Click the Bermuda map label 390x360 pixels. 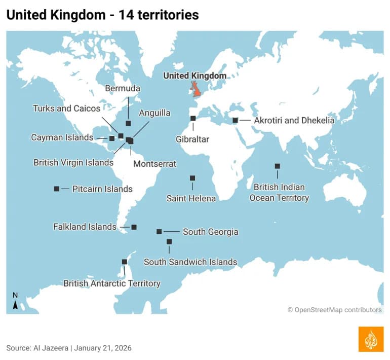(x=123, y=88)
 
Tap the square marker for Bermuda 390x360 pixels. (x=128, y=123)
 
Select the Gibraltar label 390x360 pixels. (x=192, y=139)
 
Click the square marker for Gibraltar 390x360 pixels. (x=193, y=118)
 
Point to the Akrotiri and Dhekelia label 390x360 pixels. (x=294, y=120)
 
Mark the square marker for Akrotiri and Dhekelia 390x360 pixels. (x=235, y=120)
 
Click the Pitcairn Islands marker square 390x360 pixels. (x=57, y=189)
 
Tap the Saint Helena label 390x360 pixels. (x=191, y=198)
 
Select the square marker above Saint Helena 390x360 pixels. (x=192, y=178)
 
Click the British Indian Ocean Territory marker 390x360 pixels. (x=277, y=166)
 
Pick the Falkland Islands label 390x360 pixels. (x=85, y=227)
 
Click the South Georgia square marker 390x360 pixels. (x=159, y=231)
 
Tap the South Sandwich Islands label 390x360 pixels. (x=190, y=262)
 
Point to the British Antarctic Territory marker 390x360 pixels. (x=125, y=262)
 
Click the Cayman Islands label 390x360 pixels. (x=62, y=137)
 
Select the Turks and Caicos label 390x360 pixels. (x=66, y=108)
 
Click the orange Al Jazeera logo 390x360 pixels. (x=371, y=339)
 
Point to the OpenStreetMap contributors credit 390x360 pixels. (x=335, y=309)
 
